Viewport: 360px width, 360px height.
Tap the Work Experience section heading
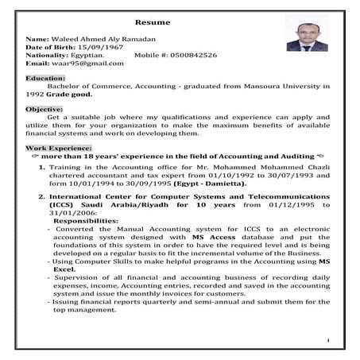tap(59, 149)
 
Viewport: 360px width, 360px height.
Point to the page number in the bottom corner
tap(327, 340)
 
